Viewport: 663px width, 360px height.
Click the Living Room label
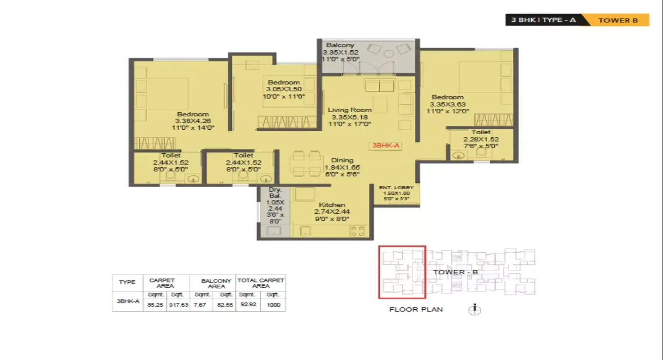click(349, 110)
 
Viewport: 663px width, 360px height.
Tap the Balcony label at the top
click(340, 45)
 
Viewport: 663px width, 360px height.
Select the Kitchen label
click(331, 205)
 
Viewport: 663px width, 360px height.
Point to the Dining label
click(342, 160)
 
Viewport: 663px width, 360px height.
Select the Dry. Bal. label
click(275, 193)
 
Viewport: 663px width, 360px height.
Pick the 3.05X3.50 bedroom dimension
click(284, 89)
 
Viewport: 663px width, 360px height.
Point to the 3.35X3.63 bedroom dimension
click(447, 104)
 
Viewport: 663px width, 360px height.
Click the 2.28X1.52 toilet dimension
click(481, 139)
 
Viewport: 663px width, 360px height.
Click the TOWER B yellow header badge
click(618, 20)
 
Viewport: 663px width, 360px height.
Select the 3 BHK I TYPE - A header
click(544, 20)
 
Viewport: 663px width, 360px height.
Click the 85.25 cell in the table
click(155, 305)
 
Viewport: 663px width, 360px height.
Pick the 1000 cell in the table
click(273, 305)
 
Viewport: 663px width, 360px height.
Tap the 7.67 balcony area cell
click(201, 305)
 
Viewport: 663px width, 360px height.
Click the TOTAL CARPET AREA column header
click(261, 283)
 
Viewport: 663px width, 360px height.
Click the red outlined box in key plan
click(402, 272)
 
